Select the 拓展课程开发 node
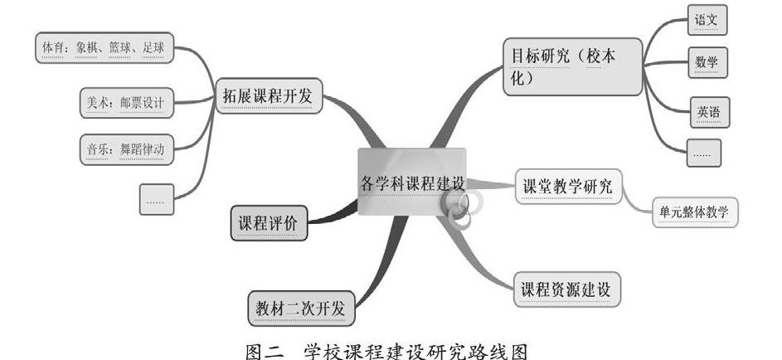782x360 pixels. coord(268,97)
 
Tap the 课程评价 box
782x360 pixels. coord(269,222)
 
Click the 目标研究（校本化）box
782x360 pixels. coord(571,66)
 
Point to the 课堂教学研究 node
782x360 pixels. coord(568,188)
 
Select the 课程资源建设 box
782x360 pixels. coord(566,289)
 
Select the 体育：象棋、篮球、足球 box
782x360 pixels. coord(104,48)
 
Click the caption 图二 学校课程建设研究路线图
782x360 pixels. coord(387,348)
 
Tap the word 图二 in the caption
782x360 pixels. coord(265,348)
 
